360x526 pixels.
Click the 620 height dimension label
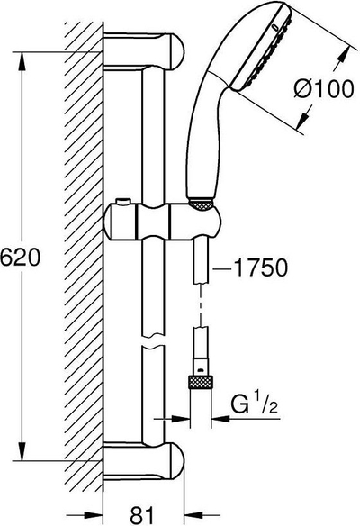(x=20, y=258)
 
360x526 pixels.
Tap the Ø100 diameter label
(x=324, y=89)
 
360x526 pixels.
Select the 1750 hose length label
(x=260, y=268)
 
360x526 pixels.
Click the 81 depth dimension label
(x=141, y=514)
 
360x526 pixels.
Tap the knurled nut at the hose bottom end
(x=201, y=383)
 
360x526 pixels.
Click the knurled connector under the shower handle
(x=201, y=204)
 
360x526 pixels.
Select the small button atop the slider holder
(x=123, y=202)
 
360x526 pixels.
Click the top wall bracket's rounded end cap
(x=176, y=51)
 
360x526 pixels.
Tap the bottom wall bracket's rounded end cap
(x=176, y=461)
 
